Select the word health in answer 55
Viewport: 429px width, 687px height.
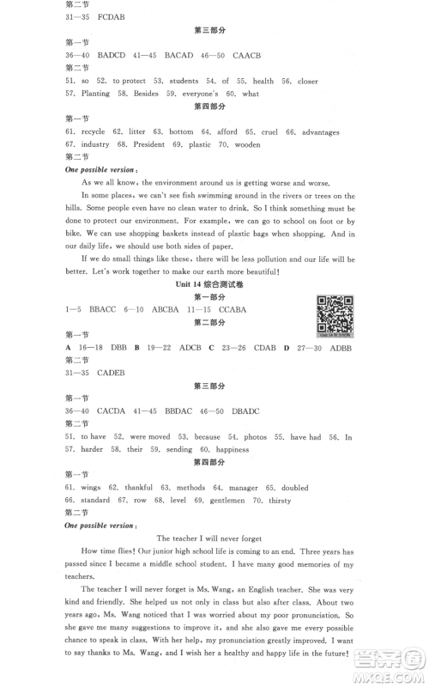(x=263, y=81)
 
